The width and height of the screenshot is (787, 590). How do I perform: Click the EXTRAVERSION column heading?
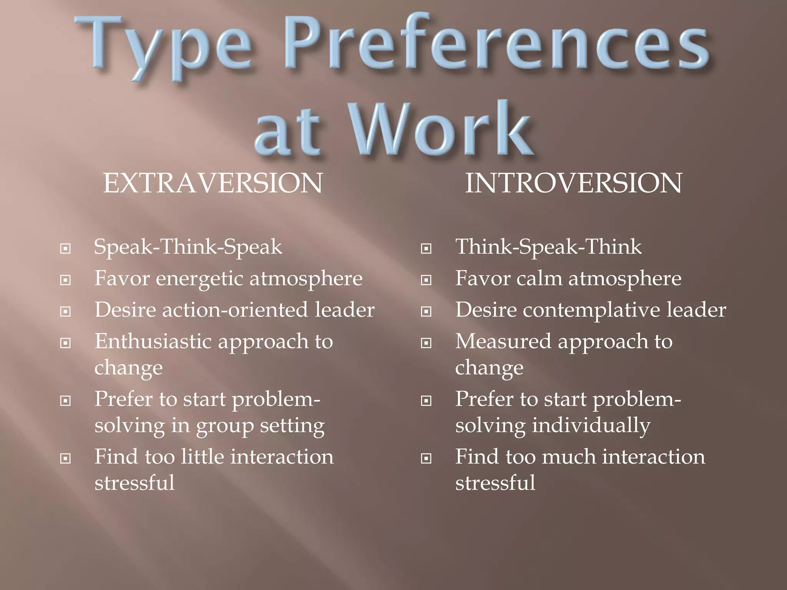(x=213, y=183)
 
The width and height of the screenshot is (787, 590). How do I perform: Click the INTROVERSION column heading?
(x=573, y=183)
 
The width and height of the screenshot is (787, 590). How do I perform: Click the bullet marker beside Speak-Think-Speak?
(x=66, y=249)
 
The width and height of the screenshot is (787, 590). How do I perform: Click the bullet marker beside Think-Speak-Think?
(x=426, y=249)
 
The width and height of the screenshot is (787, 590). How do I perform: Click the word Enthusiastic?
(x=153, y=341)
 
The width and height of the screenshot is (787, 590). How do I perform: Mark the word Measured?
(x=503, y=341)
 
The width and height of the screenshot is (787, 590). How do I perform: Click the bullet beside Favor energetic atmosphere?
(x=66, y=280)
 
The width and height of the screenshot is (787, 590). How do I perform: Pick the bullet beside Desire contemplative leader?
(x=426, y=311)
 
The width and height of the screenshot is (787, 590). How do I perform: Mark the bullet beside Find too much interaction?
(x=426, y=458)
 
